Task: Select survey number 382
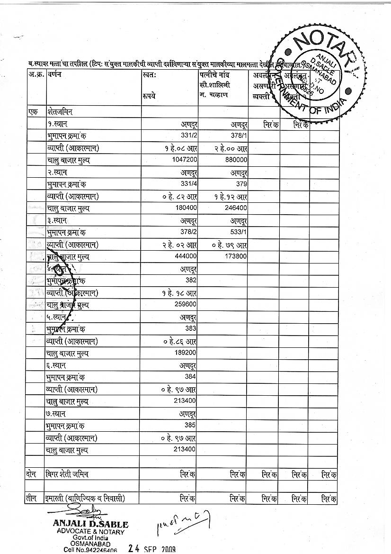pos(191,281)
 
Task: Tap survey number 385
pos(191,425)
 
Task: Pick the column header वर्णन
pos(54,74)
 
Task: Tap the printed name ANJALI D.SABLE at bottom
pos(90,525)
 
